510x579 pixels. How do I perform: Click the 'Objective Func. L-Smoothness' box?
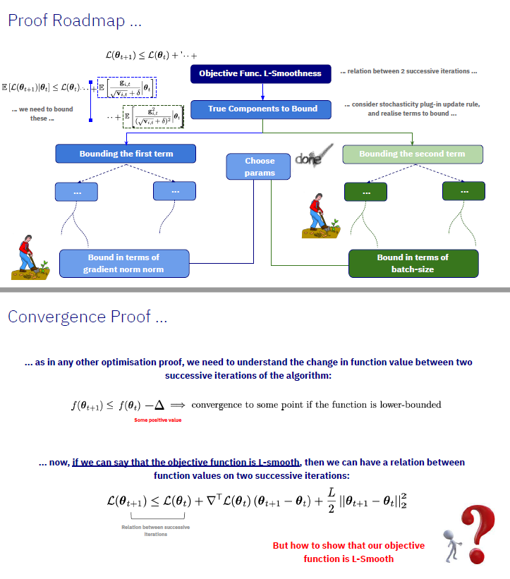tap(260, 73)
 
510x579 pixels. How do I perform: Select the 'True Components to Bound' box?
tap(263, 109)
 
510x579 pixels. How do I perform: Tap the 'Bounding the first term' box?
tap(126, 154)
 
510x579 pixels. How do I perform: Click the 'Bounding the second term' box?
tap(412, 154)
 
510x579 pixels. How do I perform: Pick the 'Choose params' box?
tap(260, 166)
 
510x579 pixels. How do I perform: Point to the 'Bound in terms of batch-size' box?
tap(413, 263)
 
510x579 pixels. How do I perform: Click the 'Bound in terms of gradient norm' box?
tap(123, 263)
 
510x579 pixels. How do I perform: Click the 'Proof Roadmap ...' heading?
tap(75, 20)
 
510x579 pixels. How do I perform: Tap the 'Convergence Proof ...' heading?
tap(87, 317)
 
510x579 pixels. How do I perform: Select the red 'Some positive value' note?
tap(158, 420)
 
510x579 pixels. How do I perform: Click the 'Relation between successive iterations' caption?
tap(156, 530)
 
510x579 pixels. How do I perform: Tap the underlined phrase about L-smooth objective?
tap(186, 463)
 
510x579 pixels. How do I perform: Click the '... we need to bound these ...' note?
tap(42, 114)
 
